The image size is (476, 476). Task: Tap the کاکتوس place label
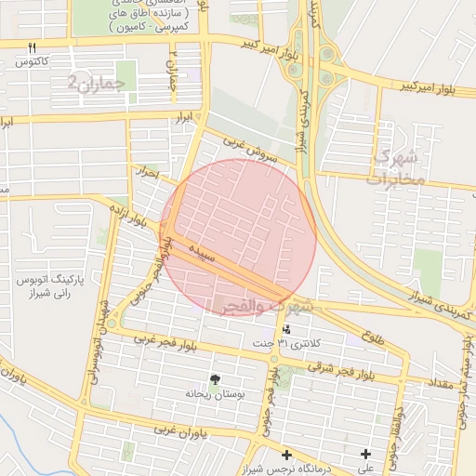point(32,61)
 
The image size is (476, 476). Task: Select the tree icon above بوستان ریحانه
point(216,379)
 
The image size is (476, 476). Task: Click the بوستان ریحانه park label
point(216,393)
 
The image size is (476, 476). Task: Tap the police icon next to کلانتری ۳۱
point(286,330)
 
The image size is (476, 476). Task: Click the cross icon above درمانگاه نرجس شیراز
point(286,456)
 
